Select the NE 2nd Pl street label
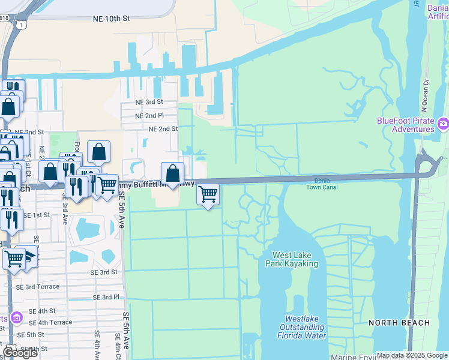149,115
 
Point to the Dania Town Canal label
322,184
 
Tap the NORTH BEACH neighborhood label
399,323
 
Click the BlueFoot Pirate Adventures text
405,124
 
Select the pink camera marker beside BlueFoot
444,124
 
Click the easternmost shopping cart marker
208,194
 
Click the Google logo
20,352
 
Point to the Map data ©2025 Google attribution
412,356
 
